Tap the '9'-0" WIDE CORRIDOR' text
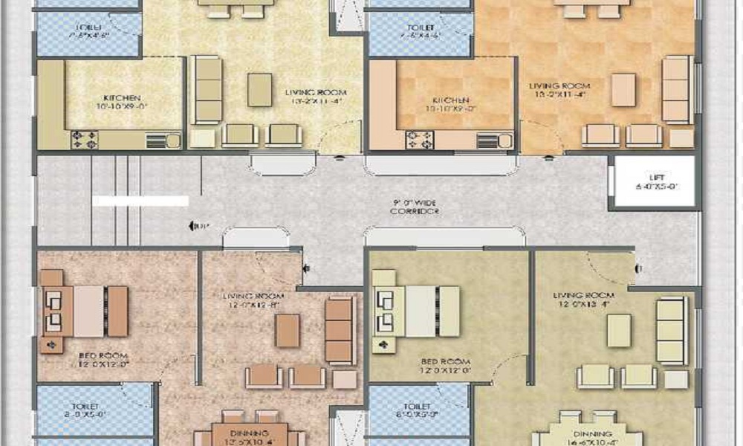[x=415, y=206]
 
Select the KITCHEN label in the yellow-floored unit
[x=119, y=102]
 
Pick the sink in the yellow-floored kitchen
[x=163, y=140]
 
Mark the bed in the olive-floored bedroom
[x=416, y=310]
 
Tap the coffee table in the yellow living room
[x=259, y=89]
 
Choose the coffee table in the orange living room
[x=623, y=89]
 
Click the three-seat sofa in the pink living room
[x=340, y=331]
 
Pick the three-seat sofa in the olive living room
[x=672, y=331]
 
